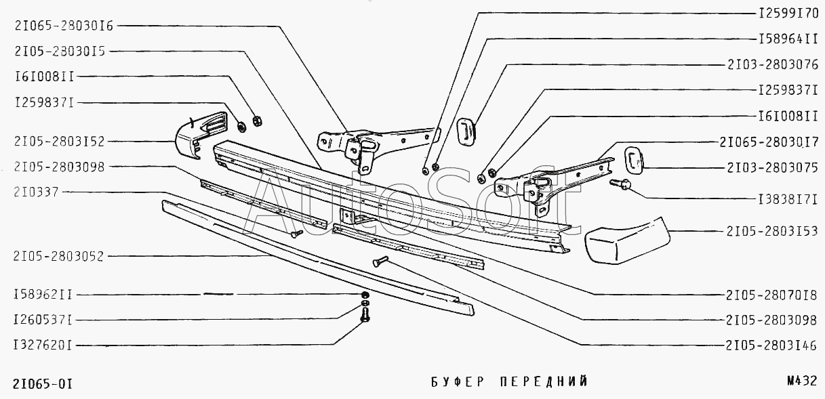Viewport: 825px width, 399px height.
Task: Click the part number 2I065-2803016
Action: click(63, 26)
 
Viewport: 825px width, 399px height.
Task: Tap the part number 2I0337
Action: click(36, 192)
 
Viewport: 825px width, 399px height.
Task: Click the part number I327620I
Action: click(42, 344)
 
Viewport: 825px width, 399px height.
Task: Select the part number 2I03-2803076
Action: click(771, 66)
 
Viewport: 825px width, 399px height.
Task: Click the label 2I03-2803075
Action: click(771, 167)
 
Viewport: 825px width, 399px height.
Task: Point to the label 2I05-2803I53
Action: click(771, 231)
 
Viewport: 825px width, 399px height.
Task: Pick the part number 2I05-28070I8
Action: click(771, 295)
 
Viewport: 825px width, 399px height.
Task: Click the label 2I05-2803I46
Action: click(771, 344)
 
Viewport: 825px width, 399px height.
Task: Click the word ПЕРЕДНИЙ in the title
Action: click(543, 382)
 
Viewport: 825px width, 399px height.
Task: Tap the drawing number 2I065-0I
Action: click(42, 383)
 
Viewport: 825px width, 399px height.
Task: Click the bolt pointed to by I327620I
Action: click(365, 316)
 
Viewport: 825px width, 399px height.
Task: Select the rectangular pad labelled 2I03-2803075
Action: click(632, 159)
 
